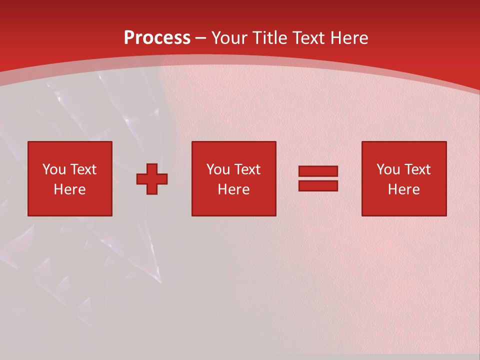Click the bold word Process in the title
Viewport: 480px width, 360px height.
pyautogui.click(x=157, y=38)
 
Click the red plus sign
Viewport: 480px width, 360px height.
pyautogui.click(x=152, y=179)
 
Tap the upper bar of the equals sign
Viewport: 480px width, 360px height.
pyautogui.click(x=318, y=171)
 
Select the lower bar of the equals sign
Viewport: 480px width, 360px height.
pyautogui.click(x=318, y=185)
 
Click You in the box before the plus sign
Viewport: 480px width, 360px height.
pyautogui.click(x=54, y=169)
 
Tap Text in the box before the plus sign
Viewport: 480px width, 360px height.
pyautogui.click(x=82, y=169)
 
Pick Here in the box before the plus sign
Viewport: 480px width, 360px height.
pyautogui.click(x=69, y=189)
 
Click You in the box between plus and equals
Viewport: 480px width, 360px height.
pyautogui.click(x=218, y=169)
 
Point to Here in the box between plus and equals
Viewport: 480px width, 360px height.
pyautogui.click(x=233, y=189)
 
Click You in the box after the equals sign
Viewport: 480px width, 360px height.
pyautogui.click(x=388, y=169)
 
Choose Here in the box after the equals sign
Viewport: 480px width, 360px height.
pyautogui.click(x=403, y=189)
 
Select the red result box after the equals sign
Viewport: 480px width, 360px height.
pyautogui.click(x=404, y=205)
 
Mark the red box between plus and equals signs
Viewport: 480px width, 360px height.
pyautogui.click(x=233, y=205)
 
